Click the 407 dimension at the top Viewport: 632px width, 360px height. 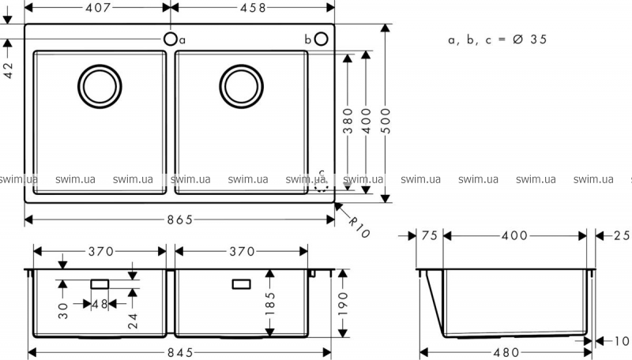pyautogui.click(x=98, y=8)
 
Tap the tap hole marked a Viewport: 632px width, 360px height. pyautogui.click(x=170, y=39)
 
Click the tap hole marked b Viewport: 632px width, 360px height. pyautogui.click(x=321, y=39)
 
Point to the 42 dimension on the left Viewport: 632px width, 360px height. pyautogui.click(x=9, y=69)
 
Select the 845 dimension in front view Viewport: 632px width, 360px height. pyautogui.click(x=181, y=353)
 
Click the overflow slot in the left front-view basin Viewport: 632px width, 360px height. pyautogui.click(x=100, y=283)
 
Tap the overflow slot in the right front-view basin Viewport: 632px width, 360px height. pyautogui.click(x=240, y=283)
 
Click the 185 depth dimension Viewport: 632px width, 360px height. pyautogui.click(x=270, y=300)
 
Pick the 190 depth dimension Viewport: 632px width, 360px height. pyautogui.click(x=342, y=300)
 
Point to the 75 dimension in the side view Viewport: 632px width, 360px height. pyautogui.click(x=430, y=235)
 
